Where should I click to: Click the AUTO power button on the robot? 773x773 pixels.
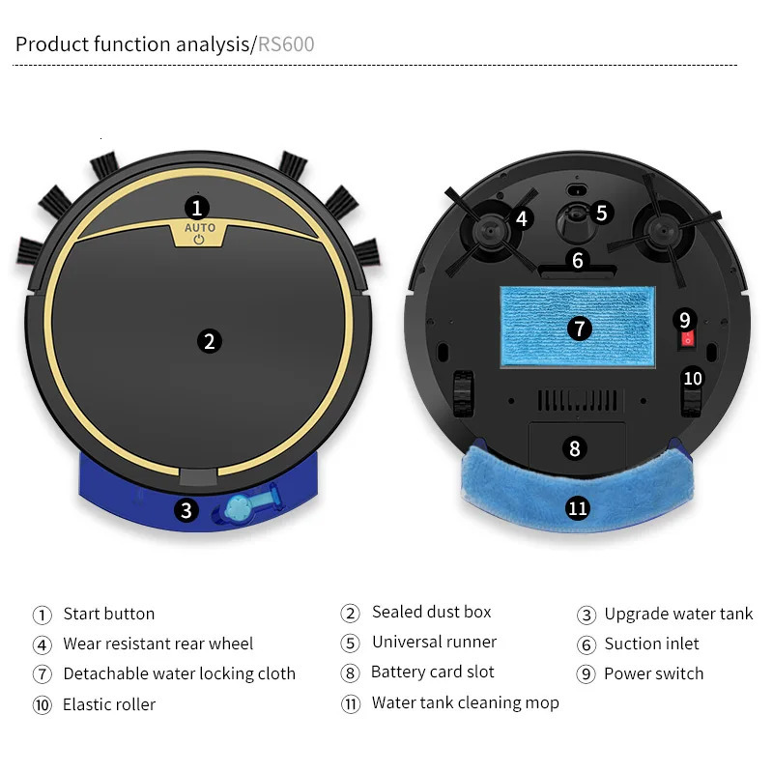(199, 234)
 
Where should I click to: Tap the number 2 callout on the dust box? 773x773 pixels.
(208, 340)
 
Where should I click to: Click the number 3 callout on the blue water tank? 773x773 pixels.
(186, 510)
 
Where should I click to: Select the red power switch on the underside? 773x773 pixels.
(686, 338)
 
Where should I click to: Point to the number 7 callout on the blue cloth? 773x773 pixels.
(579, 329)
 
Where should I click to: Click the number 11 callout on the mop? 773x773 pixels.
(578, 508)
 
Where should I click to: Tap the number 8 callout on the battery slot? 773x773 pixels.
(575, 448)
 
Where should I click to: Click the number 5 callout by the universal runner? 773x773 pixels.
(601, 213)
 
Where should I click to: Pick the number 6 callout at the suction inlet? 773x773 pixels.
(578, 260)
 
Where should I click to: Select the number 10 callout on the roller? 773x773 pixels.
(693, 379)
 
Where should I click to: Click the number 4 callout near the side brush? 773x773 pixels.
(522, 219)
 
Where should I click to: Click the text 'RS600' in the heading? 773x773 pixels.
(286, 44)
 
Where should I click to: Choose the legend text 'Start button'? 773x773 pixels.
(108, 614)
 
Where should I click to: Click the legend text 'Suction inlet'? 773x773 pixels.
(651, 644)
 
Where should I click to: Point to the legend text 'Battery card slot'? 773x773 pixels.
(432, 673)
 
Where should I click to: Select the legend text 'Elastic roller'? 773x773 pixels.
(108, 704)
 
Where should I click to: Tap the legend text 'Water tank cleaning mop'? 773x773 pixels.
(465, 702)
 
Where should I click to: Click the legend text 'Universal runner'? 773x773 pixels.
(434, 643)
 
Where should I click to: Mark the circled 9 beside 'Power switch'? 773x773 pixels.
(586, 674)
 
